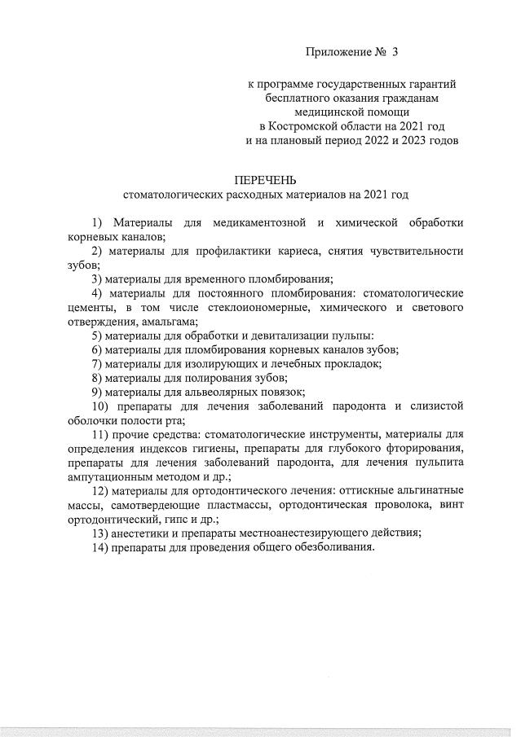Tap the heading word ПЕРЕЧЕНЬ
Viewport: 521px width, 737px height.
pyautogui.click(x=266, y=180)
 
